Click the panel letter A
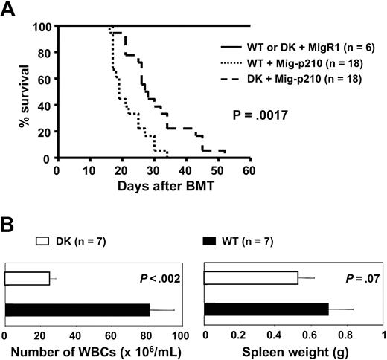point(11,10)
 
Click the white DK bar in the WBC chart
point(28,278)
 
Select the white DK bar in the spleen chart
point(251,278)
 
